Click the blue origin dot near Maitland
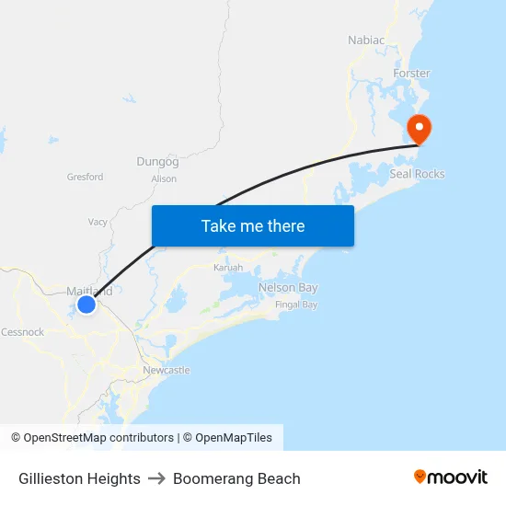pyautogui.click(x=86, y=304)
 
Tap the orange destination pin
pyautogui.click(x=419, y=129)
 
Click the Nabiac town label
pyautogui.click(x=365, y=40)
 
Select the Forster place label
pyautogui.click(x=411, y=73)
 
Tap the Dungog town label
pyautogui.click(x=157, y=162)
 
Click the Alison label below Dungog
pyautogui.click(x=164, y=179)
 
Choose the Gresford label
pyautogui.click(x=85, y=177)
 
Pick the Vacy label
pyautogui.click(x=98, y=222)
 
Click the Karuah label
pyautogui.click(x=228, y=268)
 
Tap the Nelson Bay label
pyautogui.click(x=288, y=288)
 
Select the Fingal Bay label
pyautogui.click(x=296, y=305)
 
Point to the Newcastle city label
pyautogui.click(x=167, y=370)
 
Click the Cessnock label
pyautogui.click(x=22, y=332)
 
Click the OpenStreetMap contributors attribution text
pyautogui.click(x=98, y=438)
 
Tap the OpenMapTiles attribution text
pyautogui.click(x=233, y=438)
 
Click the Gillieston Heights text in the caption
pyautogui.click(x=79, y=478)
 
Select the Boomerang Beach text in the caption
pyautogui.click(x=236, y=478)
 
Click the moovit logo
pyautogui.click(x=451, y=477)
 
